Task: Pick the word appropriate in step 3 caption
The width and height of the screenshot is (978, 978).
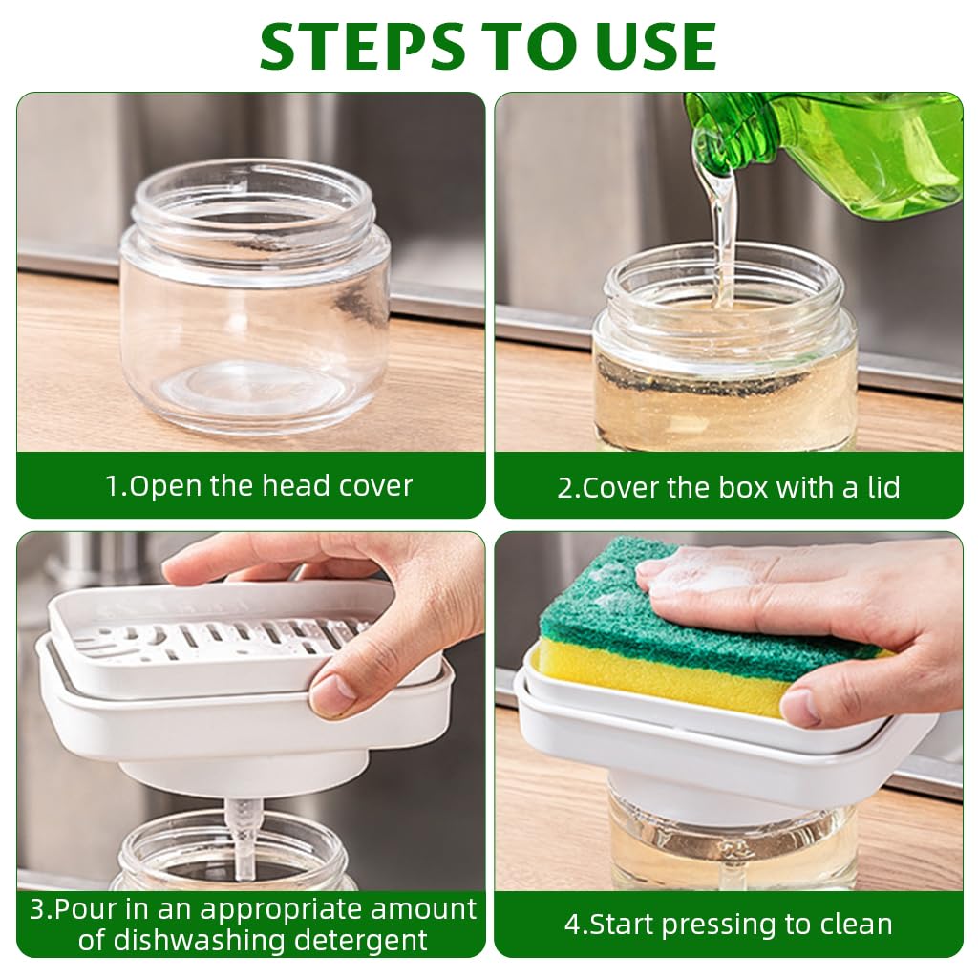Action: click(286, 908)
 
